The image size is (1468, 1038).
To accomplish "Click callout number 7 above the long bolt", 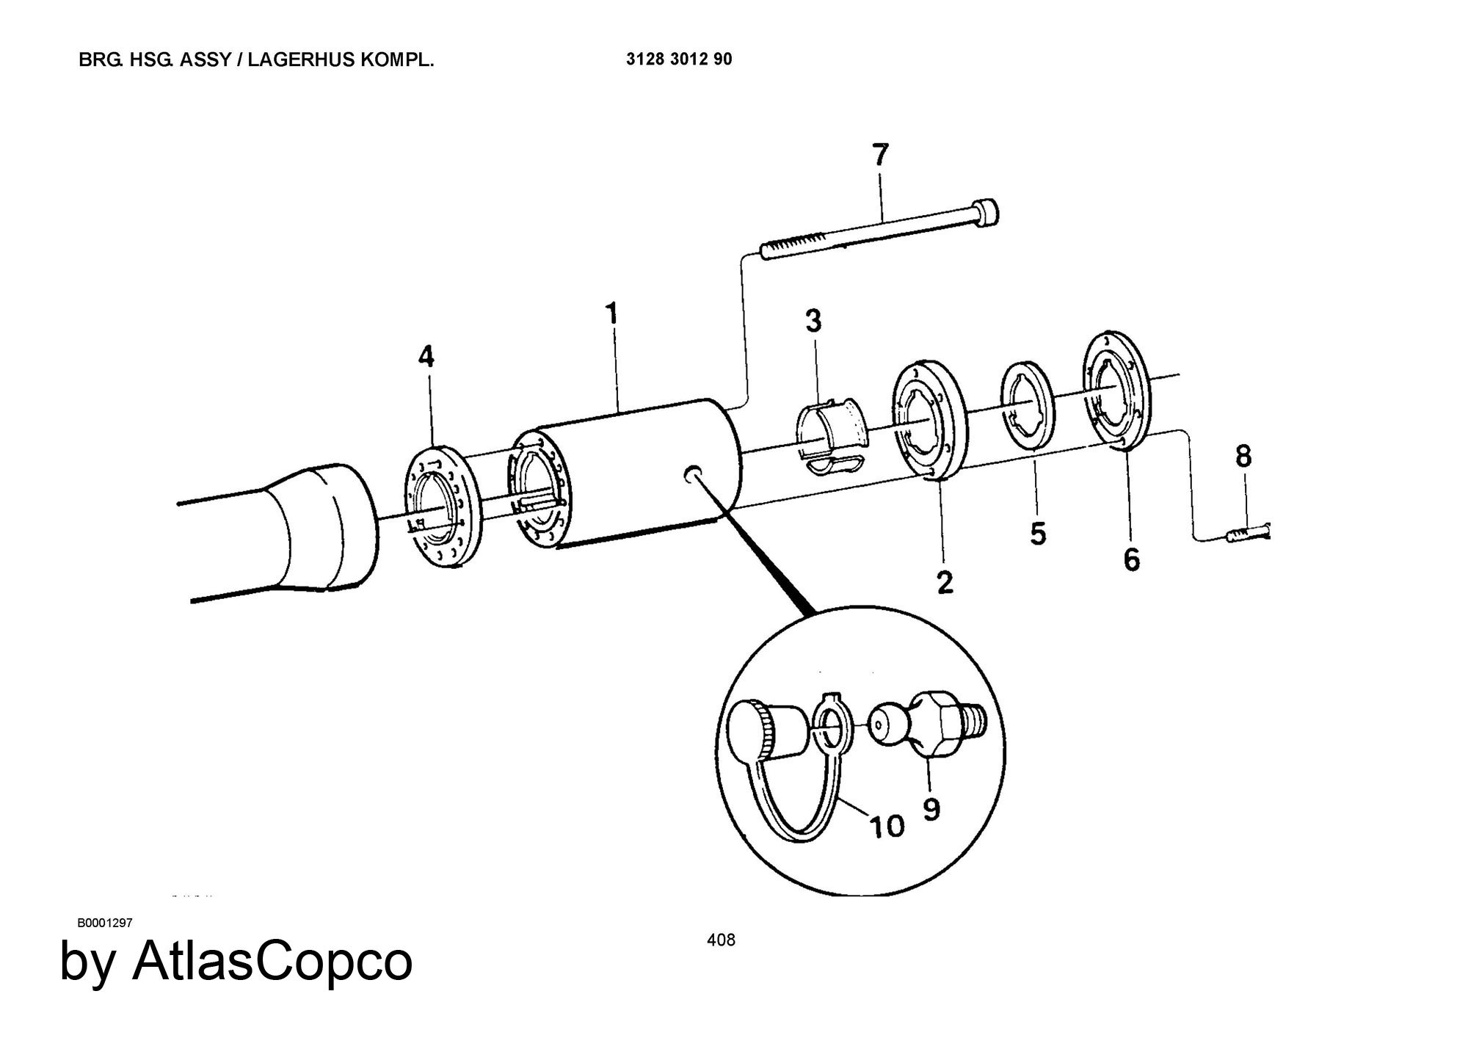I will tap(880, 156).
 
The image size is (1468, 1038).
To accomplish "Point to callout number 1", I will tap(611, 315).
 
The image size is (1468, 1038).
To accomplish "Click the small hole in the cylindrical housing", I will tap(692, 473).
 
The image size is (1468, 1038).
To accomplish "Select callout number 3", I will tap(813, 321).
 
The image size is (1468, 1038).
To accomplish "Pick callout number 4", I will tap(426, 357).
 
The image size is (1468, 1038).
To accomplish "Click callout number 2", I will tap(945, 582).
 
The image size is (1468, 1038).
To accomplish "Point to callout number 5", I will tap(1037, 534).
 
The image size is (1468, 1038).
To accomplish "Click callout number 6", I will tap(1132, 559).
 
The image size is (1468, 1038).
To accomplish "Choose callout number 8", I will tap(1243, 457).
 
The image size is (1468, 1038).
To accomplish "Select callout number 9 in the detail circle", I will tap(931, 809).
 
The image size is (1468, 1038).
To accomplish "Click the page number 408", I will tap(721, 940).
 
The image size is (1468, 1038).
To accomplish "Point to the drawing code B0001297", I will tap(105, 923).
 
